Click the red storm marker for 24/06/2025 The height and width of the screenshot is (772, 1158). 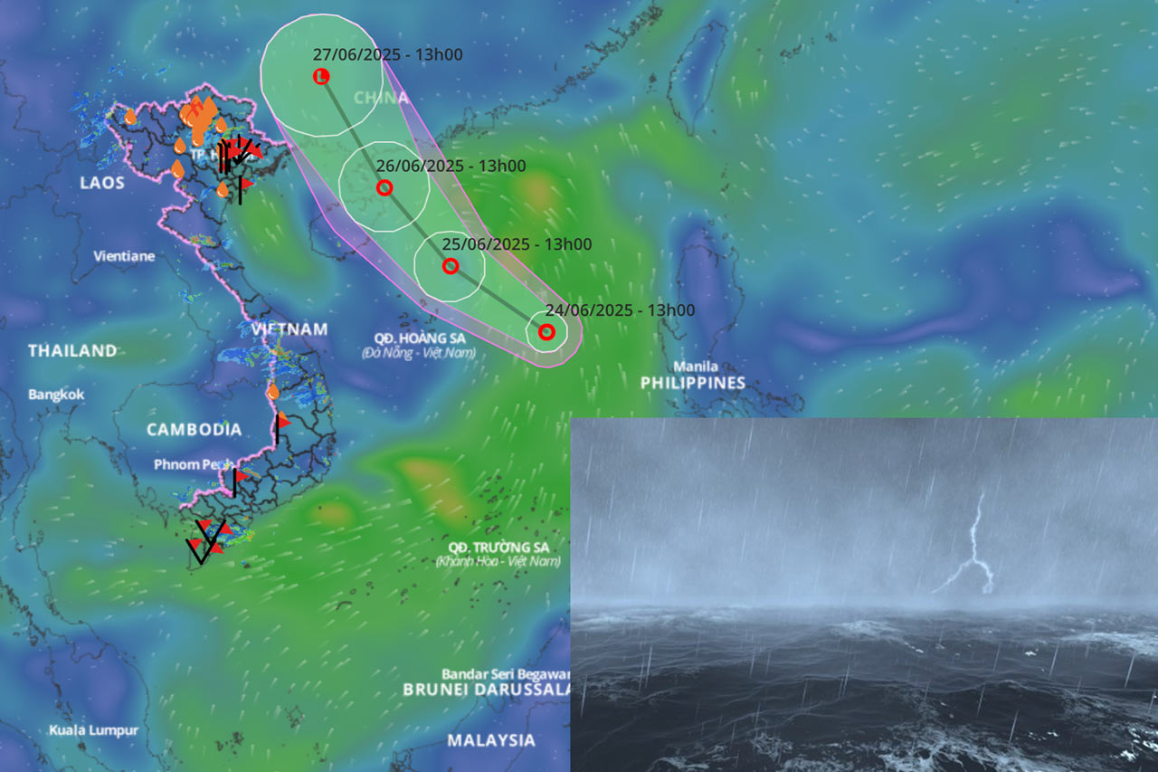pos(546,331)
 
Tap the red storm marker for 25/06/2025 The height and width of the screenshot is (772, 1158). pos(451,266)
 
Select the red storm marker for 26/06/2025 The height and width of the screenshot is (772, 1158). pos(384,188)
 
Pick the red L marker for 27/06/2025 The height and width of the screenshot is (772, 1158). pos(320,77)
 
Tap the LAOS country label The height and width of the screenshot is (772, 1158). pos(101,183)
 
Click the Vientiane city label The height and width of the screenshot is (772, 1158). pos(124,256)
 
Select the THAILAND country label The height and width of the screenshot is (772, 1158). pos(72,350)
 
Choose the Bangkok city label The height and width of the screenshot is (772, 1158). pos(56,395)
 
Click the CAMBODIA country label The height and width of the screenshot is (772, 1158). pos(195,429)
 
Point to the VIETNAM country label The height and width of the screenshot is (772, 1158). pos(289,329)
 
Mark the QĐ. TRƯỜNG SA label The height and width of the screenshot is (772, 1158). pos(498,548)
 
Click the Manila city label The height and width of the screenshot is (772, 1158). pos(696,367)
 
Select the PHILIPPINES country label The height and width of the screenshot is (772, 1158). pos(693,383)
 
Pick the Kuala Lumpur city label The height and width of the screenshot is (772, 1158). pos(94,729)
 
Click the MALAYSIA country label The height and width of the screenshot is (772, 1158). pos(491,739)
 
